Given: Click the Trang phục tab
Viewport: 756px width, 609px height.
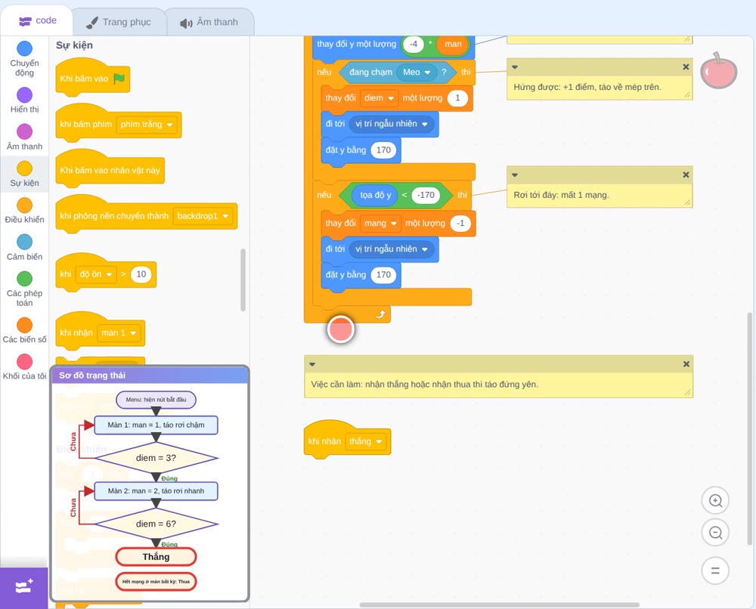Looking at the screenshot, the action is pos(119,22).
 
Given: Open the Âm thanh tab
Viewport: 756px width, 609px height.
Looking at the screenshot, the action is pos(209,22).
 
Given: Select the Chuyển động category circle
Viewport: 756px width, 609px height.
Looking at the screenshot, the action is pos(25,48).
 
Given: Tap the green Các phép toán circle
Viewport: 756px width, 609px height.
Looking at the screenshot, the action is pos(25,279).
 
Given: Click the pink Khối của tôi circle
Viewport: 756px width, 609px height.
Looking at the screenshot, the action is pos(25,361).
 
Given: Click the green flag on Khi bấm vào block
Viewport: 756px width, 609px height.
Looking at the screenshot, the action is pos(119,79).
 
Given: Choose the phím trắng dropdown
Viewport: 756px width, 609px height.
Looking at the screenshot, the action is pos(147,125).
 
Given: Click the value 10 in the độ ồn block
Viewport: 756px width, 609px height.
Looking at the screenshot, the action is pos(141,274).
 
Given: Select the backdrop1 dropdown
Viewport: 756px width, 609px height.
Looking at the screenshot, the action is pos(203,216).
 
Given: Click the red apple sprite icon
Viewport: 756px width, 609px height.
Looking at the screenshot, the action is pos(718,71).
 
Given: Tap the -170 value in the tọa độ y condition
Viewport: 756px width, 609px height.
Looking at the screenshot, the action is pos(426,195).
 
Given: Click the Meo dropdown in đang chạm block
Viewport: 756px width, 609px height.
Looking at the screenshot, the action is pos(417,73).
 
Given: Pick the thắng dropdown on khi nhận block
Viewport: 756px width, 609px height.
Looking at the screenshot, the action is pos(365,441).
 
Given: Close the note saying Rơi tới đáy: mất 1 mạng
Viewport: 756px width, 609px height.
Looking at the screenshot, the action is pos(686,175).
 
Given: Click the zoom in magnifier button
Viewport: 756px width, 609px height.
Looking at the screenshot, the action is pos(715,501).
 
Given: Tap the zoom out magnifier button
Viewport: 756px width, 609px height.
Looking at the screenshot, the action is pos(715,533).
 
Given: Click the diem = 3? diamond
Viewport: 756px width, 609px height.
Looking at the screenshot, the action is pos(156,458).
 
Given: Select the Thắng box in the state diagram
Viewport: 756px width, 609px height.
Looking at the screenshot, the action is pos(156,557).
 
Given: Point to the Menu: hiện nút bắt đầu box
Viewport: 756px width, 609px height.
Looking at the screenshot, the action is pos(156,400).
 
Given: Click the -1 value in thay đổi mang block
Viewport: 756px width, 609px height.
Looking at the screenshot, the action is pos(460,223).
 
